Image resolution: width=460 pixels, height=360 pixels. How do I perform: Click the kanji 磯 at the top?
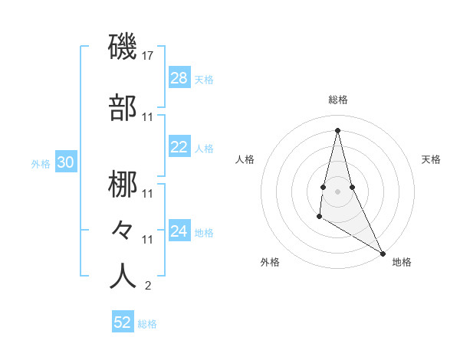click(x=123, y=47)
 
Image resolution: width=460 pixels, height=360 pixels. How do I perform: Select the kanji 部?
click(x=123, y=109)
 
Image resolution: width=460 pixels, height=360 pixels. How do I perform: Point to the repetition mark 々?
click(x=123, y=230)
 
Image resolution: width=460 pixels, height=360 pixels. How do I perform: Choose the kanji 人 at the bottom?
click(x=123, y=277)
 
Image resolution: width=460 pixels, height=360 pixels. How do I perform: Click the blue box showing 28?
click(x=179, y=78)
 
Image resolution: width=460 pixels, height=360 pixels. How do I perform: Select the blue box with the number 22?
click(x=179, y=148)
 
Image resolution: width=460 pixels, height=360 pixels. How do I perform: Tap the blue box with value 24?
click(x=179, y=231)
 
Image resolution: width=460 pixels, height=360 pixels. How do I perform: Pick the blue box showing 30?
click(x=65, y=162)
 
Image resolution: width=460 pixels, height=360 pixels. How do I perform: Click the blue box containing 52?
click(x=123, y=322)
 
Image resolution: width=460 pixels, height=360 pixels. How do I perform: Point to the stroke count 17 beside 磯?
click(x=148, y=56)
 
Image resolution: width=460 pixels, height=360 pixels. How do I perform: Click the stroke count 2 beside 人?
click(x=148, y=286)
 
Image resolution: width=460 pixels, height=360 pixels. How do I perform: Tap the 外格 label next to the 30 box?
click(x=41, y=163)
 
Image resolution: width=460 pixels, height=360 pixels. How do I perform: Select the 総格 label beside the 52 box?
click(x=147, y=324)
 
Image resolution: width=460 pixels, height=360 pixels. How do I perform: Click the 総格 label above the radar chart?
click(x=338, y=100)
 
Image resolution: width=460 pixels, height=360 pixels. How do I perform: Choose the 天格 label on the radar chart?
click(x=432, y=159)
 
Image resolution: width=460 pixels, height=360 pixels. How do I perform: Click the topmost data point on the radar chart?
click(x=338, y=129)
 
